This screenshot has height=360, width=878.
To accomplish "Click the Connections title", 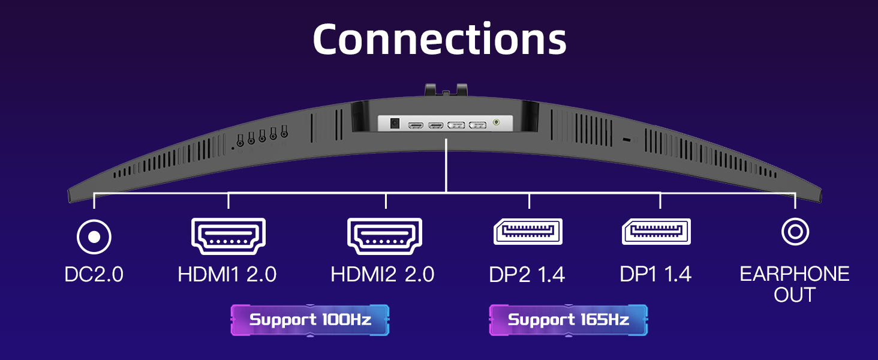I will pyautogui.click(x=439, y=40).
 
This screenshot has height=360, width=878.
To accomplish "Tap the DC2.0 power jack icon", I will pyautogui.click(x=94, y=237).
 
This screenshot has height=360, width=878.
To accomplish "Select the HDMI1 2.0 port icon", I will pyautogui.click(x=228, y=236).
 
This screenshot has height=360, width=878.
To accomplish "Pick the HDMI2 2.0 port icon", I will pyautogui.click(x=384, y=236).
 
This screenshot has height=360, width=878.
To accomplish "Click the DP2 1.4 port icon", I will pyautogui.click(x=528, y=232).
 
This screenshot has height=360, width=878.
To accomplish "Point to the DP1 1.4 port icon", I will pyautogui.click(x=656, y=232).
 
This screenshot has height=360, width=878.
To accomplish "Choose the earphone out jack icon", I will pyautogui.click(x=795, y=232).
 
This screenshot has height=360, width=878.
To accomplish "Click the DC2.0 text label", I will pyautogui.click(x=94, y=275).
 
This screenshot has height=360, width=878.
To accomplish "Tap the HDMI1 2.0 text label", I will pyautogui.click(x=227, y=275).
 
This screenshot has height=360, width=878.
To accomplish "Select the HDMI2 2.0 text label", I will pyautogui.click(x=382, y=275).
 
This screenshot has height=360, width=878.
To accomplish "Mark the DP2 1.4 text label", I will pyautogui.click(x=527, y=275).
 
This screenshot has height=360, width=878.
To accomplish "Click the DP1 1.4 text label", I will pyautogui.click(x=656, y=275).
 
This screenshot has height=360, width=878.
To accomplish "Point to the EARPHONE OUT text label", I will pyautogui.click(x=795, y=284).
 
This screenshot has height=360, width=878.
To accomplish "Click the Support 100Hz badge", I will pyautogui.click(x=310, y=320).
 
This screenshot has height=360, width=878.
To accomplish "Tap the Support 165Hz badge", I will pyautogui.click(x=569, y=320).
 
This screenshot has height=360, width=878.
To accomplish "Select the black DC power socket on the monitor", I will pyautogui.click(x=395, y=124).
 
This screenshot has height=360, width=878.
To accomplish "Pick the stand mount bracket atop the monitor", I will pyautogui.click(x=446, y=90).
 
